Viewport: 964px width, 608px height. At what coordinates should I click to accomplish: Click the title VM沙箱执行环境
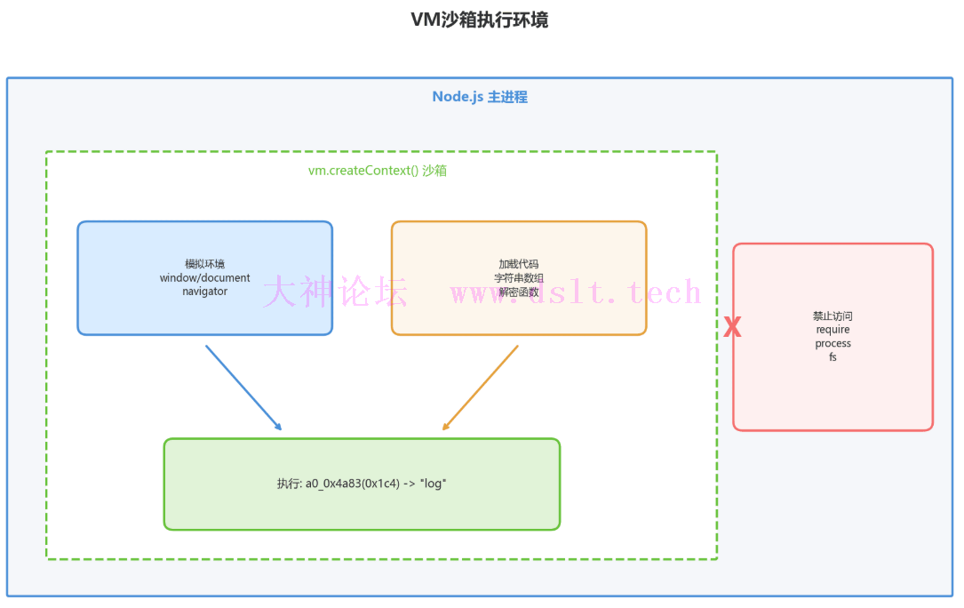pos(479,20)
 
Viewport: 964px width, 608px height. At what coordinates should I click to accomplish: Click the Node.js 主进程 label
pos(480,97)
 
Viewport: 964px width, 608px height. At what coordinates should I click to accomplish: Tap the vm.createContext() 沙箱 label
pos(378,170)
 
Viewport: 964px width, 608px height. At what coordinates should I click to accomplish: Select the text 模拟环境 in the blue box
pos(204,264)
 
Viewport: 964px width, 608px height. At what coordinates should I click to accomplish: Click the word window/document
pos(204,277)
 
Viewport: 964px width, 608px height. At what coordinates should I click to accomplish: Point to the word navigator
pos(204,291)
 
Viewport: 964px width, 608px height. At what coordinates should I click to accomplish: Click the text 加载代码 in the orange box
pos(519,264)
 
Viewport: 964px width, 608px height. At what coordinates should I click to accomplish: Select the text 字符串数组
pos(519,277)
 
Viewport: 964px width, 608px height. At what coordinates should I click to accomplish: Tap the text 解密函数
pos(519,292)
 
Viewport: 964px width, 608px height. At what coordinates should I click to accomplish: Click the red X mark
pos(732,328)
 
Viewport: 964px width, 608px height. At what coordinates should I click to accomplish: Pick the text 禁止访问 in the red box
pos(833,316)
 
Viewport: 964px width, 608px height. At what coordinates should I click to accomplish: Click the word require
pos(833,330)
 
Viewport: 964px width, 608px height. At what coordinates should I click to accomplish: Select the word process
pos(833,343)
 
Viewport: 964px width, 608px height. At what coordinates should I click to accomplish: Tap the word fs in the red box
pos(833,356)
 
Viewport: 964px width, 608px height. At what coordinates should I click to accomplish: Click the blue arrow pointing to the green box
pos(243,388)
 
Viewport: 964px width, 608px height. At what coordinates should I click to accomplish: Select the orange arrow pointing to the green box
pos(480,388)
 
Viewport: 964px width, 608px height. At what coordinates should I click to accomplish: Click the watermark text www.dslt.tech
pos(576,292)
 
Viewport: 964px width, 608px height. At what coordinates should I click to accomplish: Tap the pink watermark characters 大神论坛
pos(335,292)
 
